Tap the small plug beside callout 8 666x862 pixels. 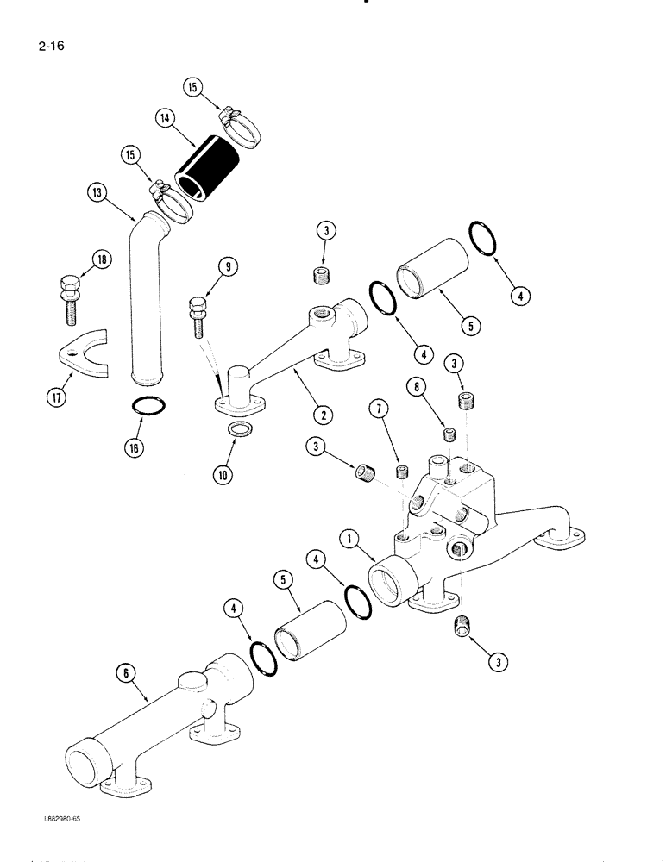(x=448, y=434)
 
